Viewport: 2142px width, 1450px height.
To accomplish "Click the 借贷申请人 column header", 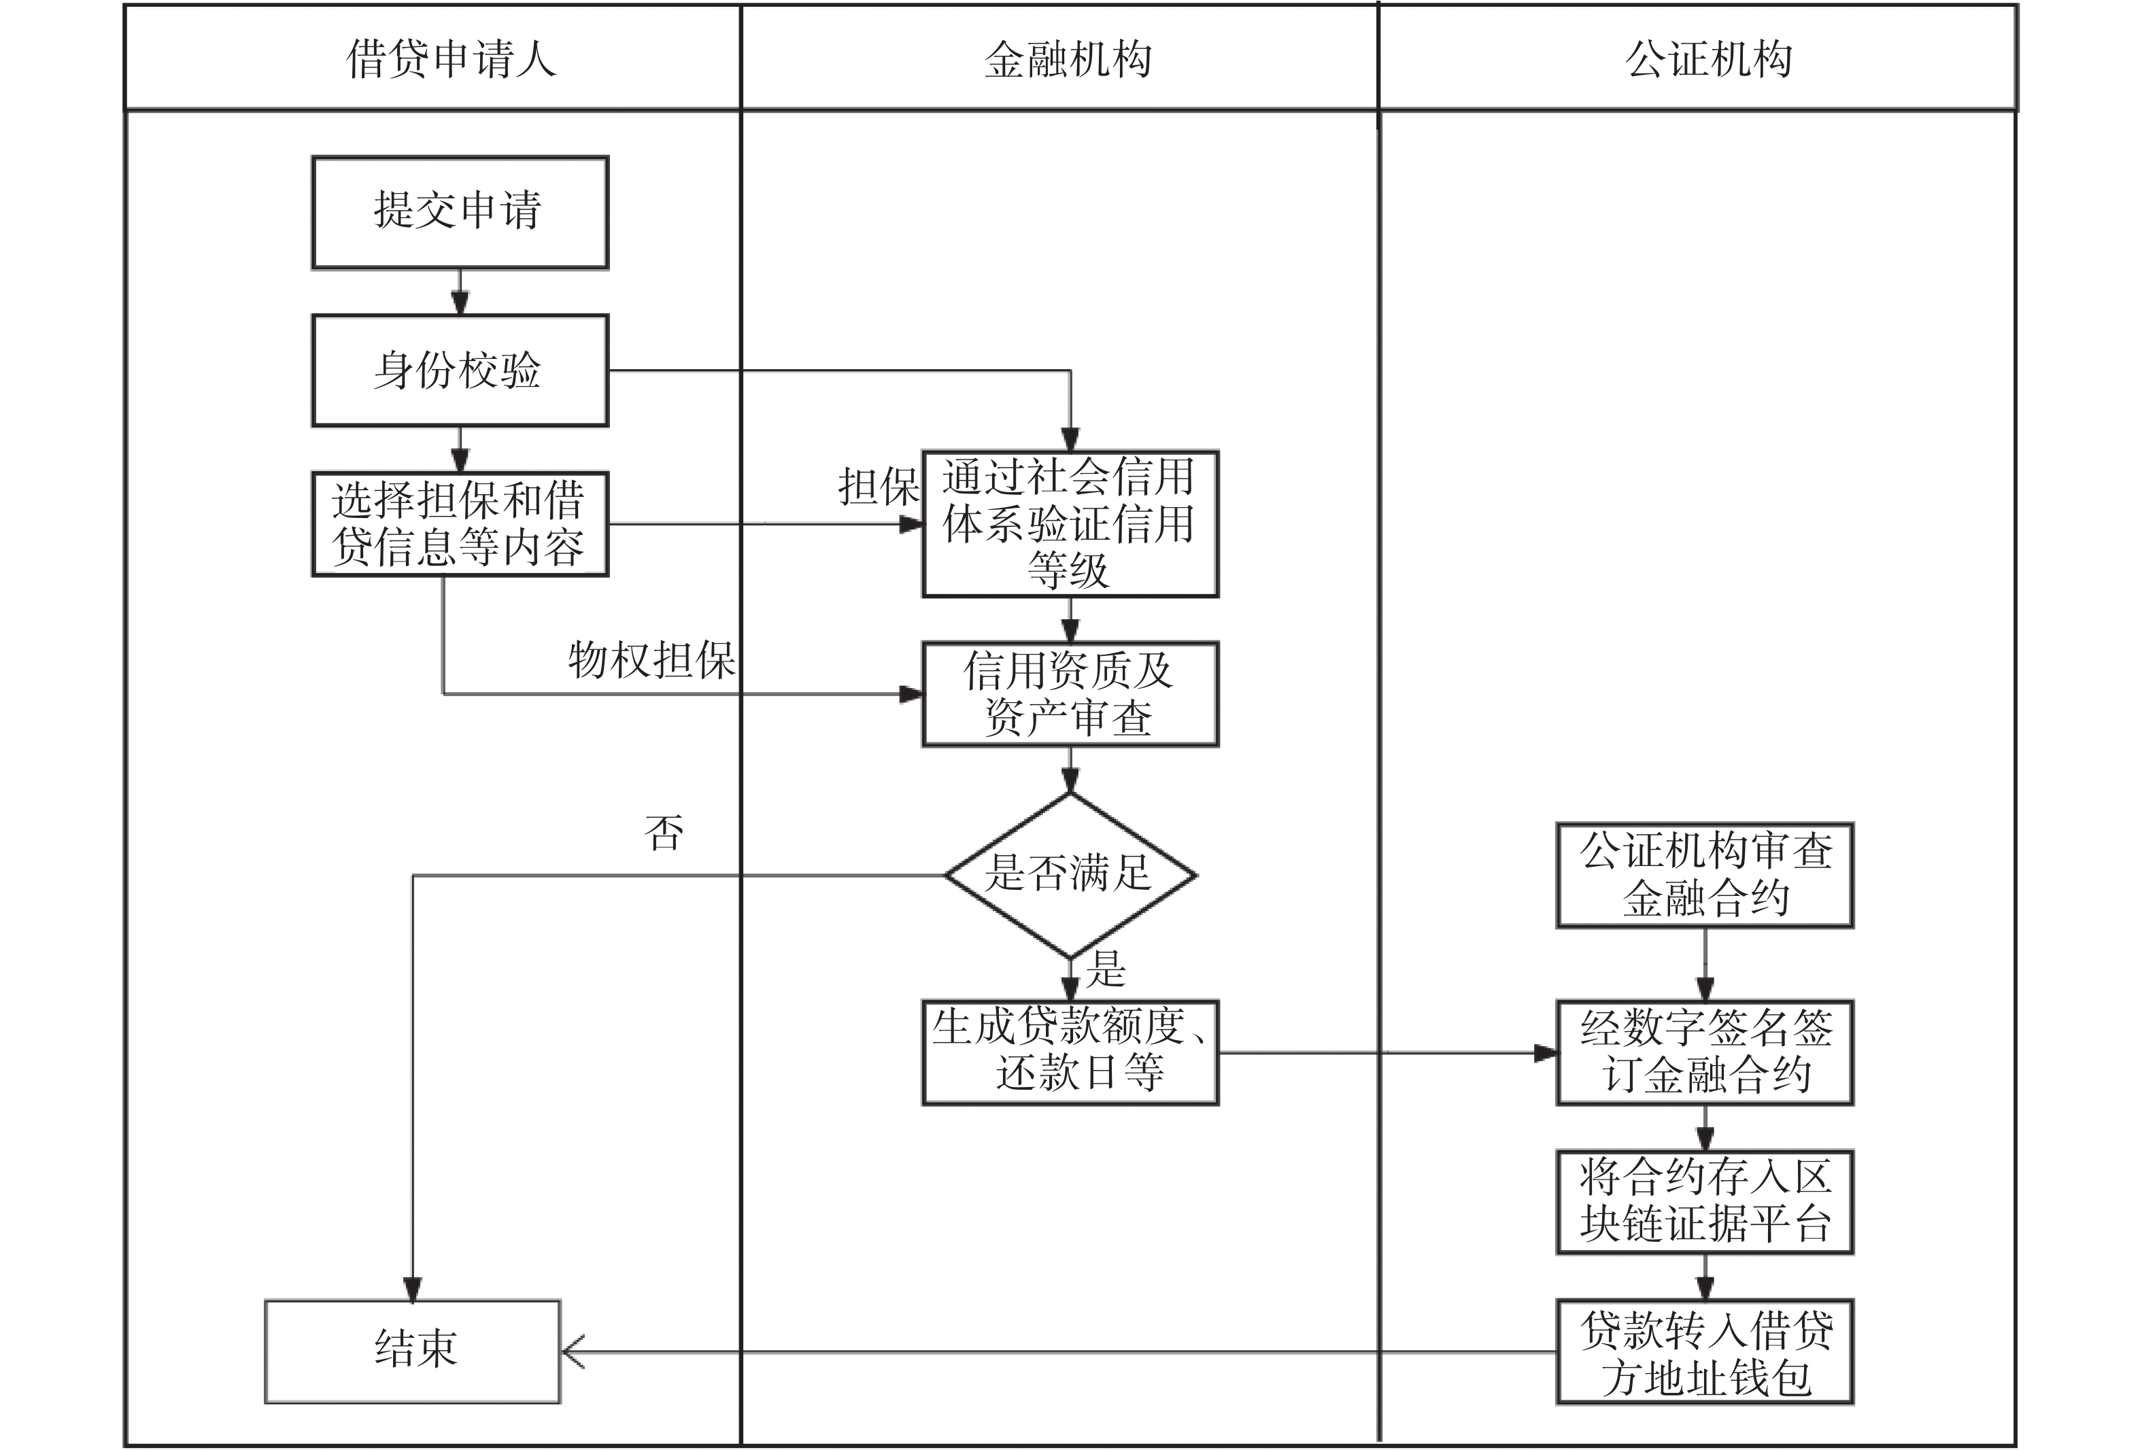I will pos(451,59).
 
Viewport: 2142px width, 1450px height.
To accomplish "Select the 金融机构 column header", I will pos(1068,59).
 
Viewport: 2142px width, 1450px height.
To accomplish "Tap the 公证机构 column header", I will pos(1708,59).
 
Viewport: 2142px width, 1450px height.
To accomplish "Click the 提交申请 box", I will pos(459,212).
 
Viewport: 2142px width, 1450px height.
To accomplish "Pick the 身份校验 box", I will pos(459,370).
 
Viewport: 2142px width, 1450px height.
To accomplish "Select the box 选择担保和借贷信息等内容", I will pos(459,524).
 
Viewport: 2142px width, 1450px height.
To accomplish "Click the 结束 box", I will pos(413,1351).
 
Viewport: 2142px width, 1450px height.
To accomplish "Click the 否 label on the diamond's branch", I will pos(664,833).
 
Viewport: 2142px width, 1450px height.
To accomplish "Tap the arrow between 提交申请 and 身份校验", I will pos(460,292).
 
